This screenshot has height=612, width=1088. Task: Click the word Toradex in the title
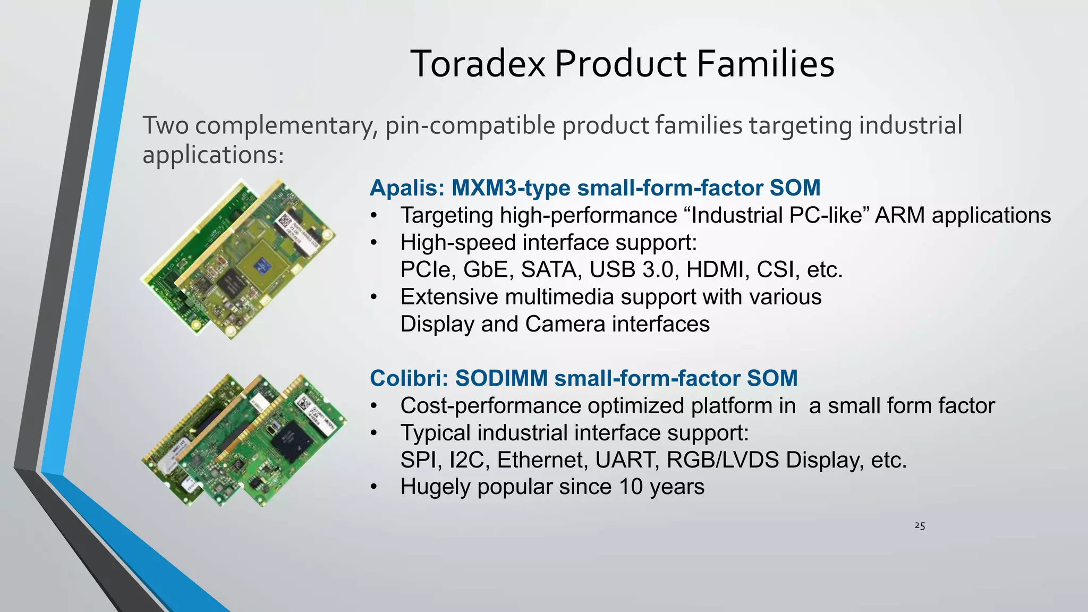(x=478, y=64)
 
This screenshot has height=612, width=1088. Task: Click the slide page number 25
(x=920, y=526)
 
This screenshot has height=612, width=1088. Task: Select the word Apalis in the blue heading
(x=406, y=188)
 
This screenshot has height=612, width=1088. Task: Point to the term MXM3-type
(x=511, y=188)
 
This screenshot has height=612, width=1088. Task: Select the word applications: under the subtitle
(x=213, y=155)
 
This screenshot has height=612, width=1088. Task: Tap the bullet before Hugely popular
(x=374, y=487)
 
